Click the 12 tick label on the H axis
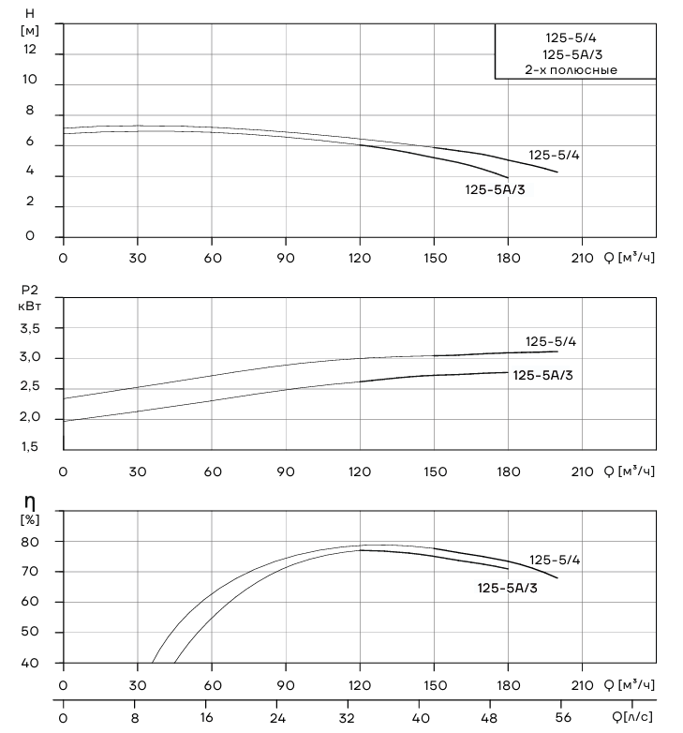(29, 49)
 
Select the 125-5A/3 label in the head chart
(495, 189)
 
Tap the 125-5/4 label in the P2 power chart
(551, 342)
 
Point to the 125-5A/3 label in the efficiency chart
(508, 588)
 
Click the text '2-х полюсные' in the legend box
(571, 70)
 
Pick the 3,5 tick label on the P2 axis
(30, 329)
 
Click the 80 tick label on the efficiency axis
(29, 542)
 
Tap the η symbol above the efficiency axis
(29, 503)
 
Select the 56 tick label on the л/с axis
(563, 717)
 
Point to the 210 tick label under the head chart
(582, 258)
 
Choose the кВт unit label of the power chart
(29, 307)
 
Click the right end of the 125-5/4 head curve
(557, 172)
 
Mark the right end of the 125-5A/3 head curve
(508, 178)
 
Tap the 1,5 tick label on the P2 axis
(29, 447)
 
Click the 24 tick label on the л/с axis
(277, 717)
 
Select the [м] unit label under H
(29, 31)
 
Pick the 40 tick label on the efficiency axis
(29, 663)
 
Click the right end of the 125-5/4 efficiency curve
(557, 578)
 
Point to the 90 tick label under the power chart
(286, 471)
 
